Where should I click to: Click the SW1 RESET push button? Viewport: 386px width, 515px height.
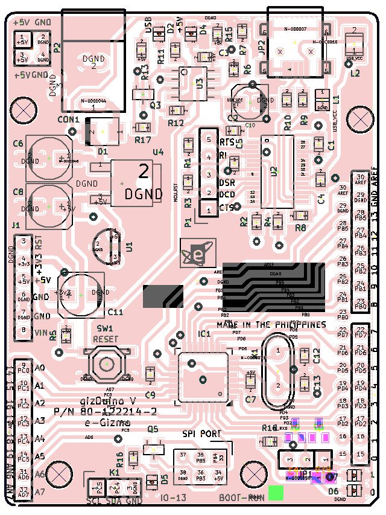pyautogui.click(x=106, y=364)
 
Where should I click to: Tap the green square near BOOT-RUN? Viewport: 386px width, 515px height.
pyautogui.click(x=276, y=493)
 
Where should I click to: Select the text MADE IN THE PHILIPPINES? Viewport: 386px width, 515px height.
pyautogui.click(x=271, y=324)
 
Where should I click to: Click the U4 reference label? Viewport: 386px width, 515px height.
pyautogui.click(x=158, y=152)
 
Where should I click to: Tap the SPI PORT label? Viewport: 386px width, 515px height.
pyautogui.click(x=201, y=433)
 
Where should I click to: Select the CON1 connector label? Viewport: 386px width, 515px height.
pyautogui.click(x=69, y=120)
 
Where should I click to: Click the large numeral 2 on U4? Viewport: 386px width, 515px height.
pyautogui.click(x=144, y=172)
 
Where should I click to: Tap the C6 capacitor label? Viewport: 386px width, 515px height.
pyautogui.click(x=17, y=144)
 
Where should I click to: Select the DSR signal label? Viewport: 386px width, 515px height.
pyautogui.click(x=227, y=182)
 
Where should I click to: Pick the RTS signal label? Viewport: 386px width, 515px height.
pyautogui.click(x=227, y=142)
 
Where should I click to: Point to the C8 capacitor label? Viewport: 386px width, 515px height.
pyautogui.click(x=17, y=193)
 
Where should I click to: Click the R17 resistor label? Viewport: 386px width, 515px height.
pyautogui.click(x=143, y=140)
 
